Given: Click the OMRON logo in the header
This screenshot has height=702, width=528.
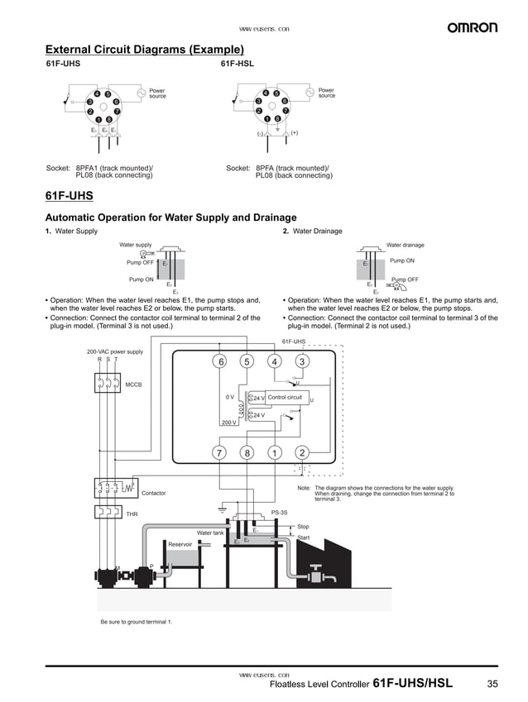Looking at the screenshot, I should click(473, 27).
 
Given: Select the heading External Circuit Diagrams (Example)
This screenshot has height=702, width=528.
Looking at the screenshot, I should click(144, 50).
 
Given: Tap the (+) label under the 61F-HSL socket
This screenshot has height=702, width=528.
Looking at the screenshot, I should click(294, 132).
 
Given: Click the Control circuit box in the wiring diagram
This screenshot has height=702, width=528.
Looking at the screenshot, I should click(286, 398).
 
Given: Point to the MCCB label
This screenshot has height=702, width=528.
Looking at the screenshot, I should click(133, 384).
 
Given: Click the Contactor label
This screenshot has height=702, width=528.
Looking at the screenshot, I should click(153, 493).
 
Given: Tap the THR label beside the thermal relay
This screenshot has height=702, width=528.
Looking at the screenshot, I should click(132, 513).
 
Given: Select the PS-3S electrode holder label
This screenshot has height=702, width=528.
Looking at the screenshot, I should click(279, 513).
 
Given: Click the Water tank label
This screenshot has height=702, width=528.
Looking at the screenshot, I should click(210, 532).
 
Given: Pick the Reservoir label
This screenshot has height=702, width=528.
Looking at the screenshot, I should click(180, 544).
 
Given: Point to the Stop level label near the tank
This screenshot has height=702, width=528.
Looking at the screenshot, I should click(303, 527).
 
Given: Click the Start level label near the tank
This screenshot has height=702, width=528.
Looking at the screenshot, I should click(303, 537).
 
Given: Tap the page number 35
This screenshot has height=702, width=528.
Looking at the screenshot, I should click(492, 683).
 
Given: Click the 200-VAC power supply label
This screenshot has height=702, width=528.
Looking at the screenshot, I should click(115, 351).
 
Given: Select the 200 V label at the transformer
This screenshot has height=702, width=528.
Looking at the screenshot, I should click(228, 423).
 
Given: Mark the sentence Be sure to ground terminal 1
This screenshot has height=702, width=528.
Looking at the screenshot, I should click(136, 622).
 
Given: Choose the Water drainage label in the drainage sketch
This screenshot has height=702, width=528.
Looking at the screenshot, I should click(405, 245).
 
